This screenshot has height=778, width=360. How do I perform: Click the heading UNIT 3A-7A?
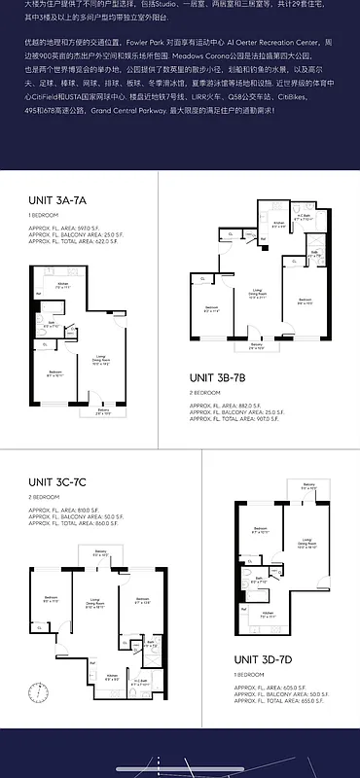coord(58,200)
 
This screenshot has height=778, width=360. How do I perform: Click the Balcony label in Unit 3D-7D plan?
coord(308,484)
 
